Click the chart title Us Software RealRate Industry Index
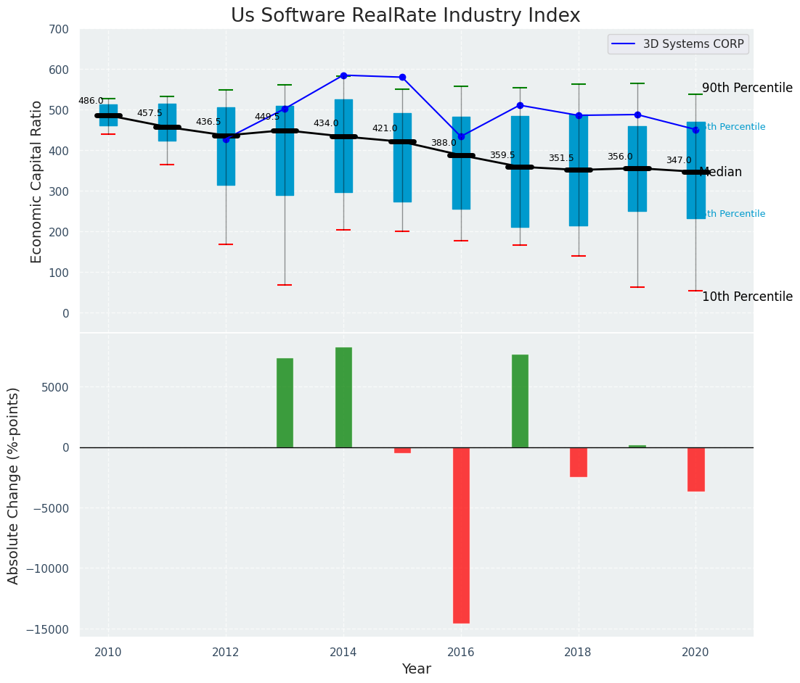point(405,16)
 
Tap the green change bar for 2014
point(343,397)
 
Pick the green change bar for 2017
point(520,401)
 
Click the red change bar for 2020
point(696,469)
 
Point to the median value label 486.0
point(91,102)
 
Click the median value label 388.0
point(444,144)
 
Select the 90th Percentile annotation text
point(747,88)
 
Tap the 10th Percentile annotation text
point(747,297)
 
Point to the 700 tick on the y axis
point(59,30)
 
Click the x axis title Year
point(416,669)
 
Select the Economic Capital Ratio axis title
point(37,181)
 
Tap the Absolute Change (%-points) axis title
point(14,485)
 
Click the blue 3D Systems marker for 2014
point(343,75)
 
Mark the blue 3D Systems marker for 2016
point(461,137)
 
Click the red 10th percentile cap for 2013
point(285,285)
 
